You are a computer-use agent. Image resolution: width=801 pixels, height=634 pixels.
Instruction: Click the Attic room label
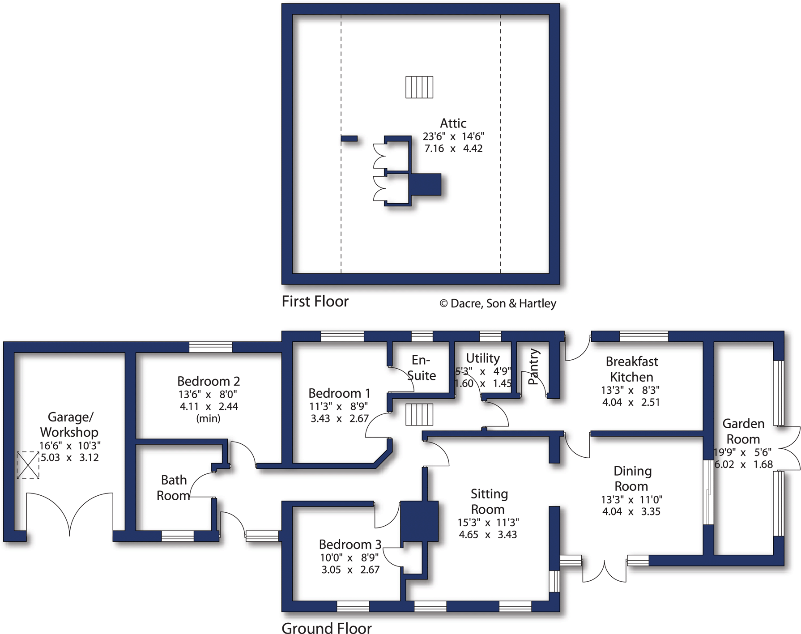[453, 123]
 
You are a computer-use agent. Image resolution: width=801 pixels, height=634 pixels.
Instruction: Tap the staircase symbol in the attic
[419, 87]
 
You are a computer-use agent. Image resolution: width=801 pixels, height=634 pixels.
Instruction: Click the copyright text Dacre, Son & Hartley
[498, 303]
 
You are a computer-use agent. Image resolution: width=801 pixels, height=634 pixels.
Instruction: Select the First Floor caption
[315, 302]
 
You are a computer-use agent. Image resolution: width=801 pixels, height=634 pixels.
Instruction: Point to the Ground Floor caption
[327, 628]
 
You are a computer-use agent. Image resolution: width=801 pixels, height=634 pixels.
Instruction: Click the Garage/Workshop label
[69, 425]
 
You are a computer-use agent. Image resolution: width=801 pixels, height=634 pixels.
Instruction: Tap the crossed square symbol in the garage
[28, 465]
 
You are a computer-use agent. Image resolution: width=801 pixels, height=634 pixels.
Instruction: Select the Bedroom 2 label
[209, 381]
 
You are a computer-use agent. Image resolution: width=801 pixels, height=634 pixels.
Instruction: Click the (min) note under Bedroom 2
[209, 418]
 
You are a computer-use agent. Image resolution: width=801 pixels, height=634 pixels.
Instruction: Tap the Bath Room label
[174, 488]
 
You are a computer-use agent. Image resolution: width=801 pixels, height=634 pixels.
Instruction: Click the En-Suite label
[421, 368]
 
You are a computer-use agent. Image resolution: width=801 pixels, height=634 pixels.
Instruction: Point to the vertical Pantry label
[533, 367]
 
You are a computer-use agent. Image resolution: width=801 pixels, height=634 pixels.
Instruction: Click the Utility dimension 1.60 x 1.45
[483, 383]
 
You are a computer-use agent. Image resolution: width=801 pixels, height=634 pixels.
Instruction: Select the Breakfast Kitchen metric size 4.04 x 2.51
[631, 402]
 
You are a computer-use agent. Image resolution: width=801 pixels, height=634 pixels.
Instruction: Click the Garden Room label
[743, 431]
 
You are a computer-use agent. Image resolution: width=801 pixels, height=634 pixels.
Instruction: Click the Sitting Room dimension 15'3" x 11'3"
[488, 523]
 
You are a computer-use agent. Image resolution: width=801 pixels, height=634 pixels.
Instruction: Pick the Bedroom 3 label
[350, 545]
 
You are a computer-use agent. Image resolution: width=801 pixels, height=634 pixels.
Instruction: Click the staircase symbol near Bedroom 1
[419, 414]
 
